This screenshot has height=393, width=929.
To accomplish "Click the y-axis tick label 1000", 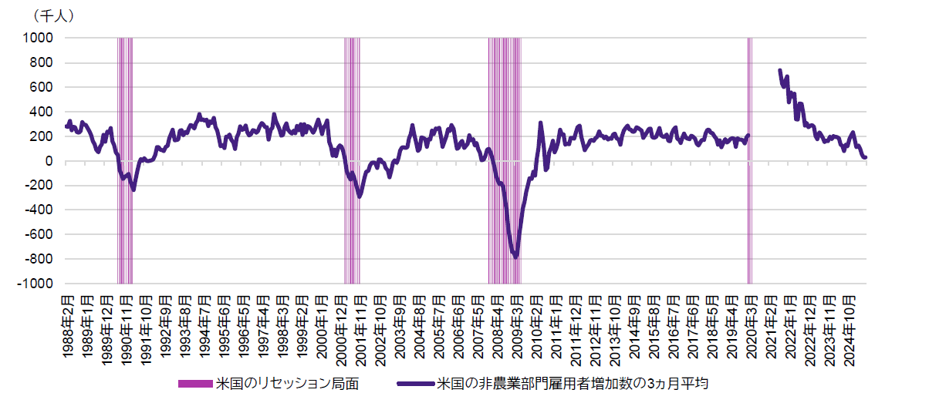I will pyautogui.click(x=39, y=38).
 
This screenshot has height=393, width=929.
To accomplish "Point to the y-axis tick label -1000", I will pyautogui.click(x=37, y=284).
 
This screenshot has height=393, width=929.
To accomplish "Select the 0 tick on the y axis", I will pyautogui.click(x=48, y=161).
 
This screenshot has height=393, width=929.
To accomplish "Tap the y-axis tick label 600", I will pyautogui.click(x=42, y=87).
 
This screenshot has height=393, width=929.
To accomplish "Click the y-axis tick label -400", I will pyautogui.click(x=39, y=210).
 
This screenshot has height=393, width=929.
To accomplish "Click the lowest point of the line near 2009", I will pyautogui.click(x=516, y=257).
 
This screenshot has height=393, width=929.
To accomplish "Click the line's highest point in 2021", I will pyautogui.click(x=779, y=70).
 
